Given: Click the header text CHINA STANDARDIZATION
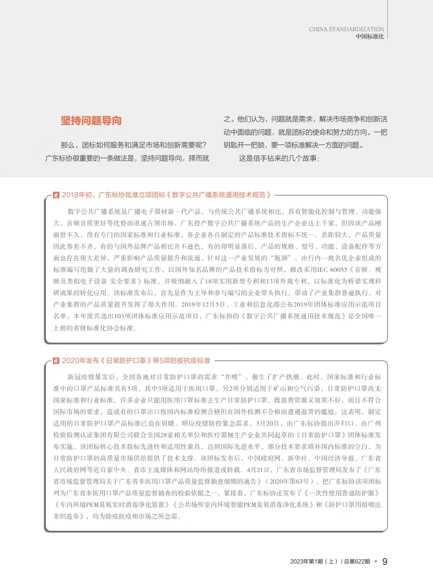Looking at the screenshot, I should [x=346, y=29].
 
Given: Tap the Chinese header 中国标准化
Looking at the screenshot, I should [x=370, y=36].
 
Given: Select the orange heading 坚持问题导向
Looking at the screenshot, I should [x=91, y=121].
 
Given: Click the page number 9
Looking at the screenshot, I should [x=385, y=561].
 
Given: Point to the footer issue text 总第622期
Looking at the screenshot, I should [x=357, y=562].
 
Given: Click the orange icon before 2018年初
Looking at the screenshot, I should [x=56, y=195].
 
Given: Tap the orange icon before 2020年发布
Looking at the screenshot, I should [x=56, y=361].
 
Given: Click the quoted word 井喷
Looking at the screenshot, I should [x=231, y=377].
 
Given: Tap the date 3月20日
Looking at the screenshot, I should [x=267, y=424].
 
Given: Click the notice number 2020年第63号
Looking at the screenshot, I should [x=289, y=482].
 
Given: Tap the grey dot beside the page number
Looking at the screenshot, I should [x=376, y=561].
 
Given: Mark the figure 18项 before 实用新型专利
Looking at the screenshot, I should [x=211, y=281].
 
